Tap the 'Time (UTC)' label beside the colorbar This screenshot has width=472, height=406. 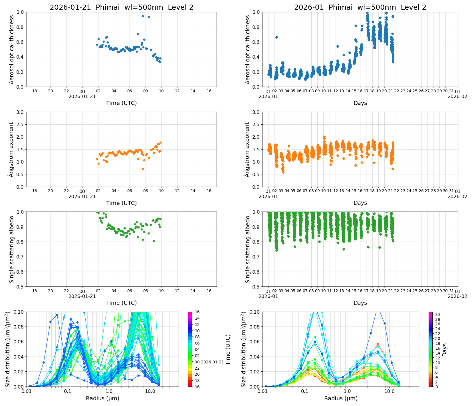point(228,349)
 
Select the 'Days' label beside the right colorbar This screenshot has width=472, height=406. point(444,349)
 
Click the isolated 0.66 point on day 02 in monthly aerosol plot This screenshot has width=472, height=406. point(277,37)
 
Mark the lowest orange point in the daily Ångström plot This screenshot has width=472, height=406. point(143,169)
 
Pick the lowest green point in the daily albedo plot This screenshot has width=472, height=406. point(154,241)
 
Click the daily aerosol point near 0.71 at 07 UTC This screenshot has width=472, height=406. point(138,34)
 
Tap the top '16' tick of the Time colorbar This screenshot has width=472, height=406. point(197,312)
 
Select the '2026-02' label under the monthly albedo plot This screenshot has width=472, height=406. point(457,296)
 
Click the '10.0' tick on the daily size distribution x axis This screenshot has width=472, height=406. point(150,391)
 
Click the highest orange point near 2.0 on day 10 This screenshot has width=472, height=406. point(324,137)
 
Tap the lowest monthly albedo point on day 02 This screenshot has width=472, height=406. point(277,250)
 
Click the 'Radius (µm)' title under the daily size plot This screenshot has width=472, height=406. point(102,398)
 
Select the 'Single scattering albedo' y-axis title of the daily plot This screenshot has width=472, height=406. point(12,249)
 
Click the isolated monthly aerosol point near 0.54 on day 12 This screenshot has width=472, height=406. point(338,46)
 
